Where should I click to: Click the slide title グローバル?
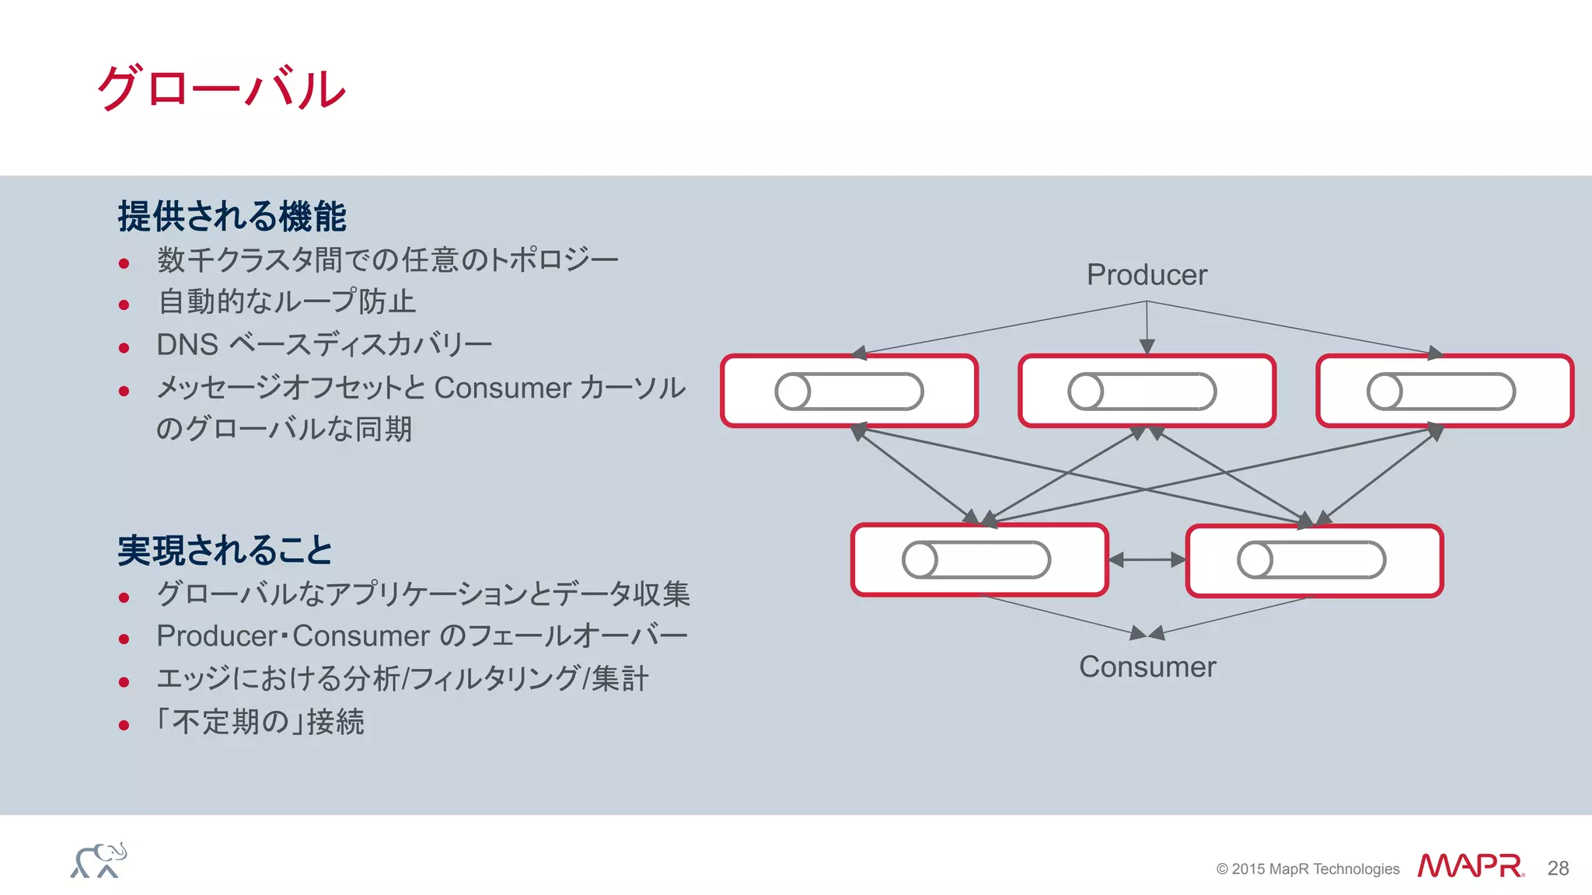tap(222, 88)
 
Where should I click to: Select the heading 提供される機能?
tap(232, 216)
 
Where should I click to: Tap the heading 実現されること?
tap(225, 550)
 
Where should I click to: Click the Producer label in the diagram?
tap(1147, 275)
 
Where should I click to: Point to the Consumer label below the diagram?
tap(1147, 667)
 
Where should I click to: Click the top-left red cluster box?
tap(849, 391)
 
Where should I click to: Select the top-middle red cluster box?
tap(1147, 391)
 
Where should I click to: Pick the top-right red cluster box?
tap(1444, 391)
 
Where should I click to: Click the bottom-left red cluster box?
tap(979, 560)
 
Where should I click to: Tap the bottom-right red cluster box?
tap(1314, 560)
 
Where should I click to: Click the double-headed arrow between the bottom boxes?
tap(1147, 559)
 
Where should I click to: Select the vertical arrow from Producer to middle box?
tap(1147, 326)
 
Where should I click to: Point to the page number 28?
tap(1558, 869)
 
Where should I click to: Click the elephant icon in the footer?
tap(99, 861)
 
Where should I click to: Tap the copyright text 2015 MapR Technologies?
tap(1307, 869)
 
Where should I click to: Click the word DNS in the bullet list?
tap(187, 344)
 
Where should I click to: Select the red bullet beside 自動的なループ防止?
tap(124, 305)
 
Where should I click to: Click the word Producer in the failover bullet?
tap(217, 636)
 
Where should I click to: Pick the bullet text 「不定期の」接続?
tap(260, 722)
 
